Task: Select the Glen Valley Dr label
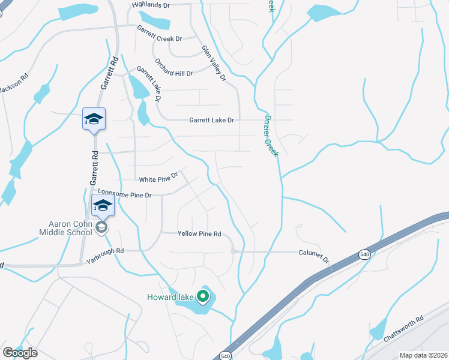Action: point(213,63)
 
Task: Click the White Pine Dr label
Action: point(158,178)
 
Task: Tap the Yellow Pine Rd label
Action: point(199,233)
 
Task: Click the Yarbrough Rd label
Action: point(104,256)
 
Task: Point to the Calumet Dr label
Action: point(315,256)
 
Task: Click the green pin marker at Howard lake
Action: point(203,296)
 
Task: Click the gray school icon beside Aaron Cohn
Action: point(102,226)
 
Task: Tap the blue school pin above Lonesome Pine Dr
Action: point(103,205)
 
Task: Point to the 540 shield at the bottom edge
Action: point(224,355)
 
